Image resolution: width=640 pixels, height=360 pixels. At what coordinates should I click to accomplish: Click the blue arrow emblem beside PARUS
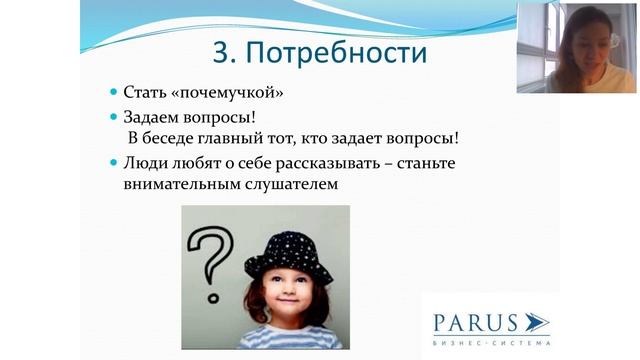[x=536, y=322]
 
